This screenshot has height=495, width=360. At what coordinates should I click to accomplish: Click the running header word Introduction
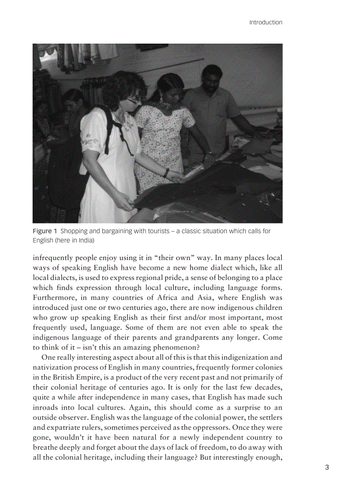click(265, 22)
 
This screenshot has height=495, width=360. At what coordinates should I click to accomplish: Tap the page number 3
click(327, 468)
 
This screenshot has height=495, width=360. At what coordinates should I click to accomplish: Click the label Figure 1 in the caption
click(45, 231)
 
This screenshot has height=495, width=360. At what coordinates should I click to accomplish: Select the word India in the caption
click(85, 241)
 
